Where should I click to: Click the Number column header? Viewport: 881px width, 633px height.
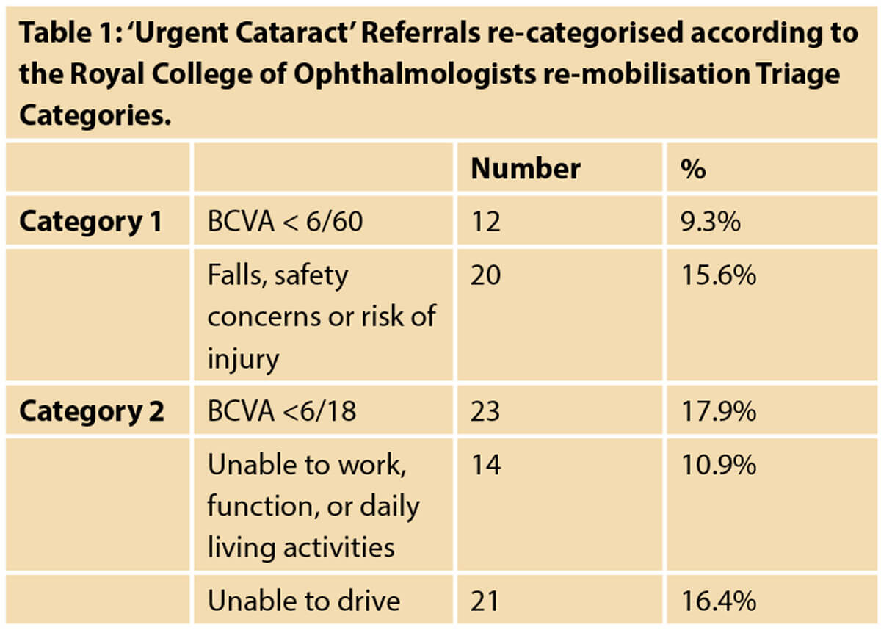(x=525, y=169)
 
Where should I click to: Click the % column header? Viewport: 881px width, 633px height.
(x=693, y=169)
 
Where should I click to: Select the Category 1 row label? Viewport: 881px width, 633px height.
(x=90, y=222)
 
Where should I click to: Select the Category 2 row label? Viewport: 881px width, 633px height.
(x=91, y=411)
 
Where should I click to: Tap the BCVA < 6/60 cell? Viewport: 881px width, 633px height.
(x=285, y=221)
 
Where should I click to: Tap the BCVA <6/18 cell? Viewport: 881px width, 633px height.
(x=282, y=411)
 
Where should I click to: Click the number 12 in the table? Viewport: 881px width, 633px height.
(x=485, y=221)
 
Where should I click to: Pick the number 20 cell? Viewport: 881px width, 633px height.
(x=485, y=275)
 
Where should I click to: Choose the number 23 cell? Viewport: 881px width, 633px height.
(x=485, y=411)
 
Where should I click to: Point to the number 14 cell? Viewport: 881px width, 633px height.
(x=486, y=465)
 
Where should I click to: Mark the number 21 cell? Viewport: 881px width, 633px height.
(x=485, y=601)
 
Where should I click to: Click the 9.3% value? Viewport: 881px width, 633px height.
(x=711, y=221)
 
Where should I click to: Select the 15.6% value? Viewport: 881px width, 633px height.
(x=719, y=275)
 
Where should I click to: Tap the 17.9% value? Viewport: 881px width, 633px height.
(x=719, y=411)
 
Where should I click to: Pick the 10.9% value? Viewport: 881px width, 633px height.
(x=719, y=465)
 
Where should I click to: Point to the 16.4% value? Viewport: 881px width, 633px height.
(x=719, y=601)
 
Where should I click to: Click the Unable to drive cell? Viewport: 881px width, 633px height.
(x=304, y=601)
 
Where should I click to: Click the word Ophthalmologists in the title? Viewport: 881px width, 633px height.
(x=415, y=75)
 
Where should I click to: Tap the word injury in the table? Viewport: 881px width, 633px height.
(x=243, y=359)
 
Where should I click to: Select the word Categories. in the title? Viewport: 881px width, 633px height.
(x=95, y=116)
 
